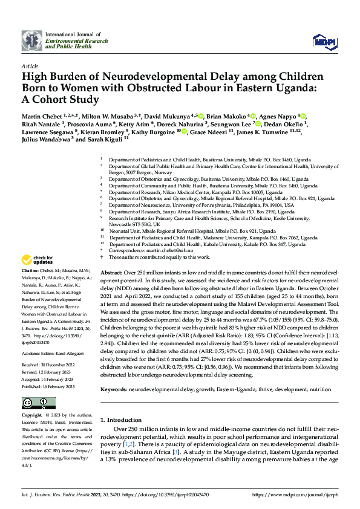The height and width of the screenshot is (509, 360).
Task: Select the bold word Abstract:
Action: pyautogui.click(x=112, y=273)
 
